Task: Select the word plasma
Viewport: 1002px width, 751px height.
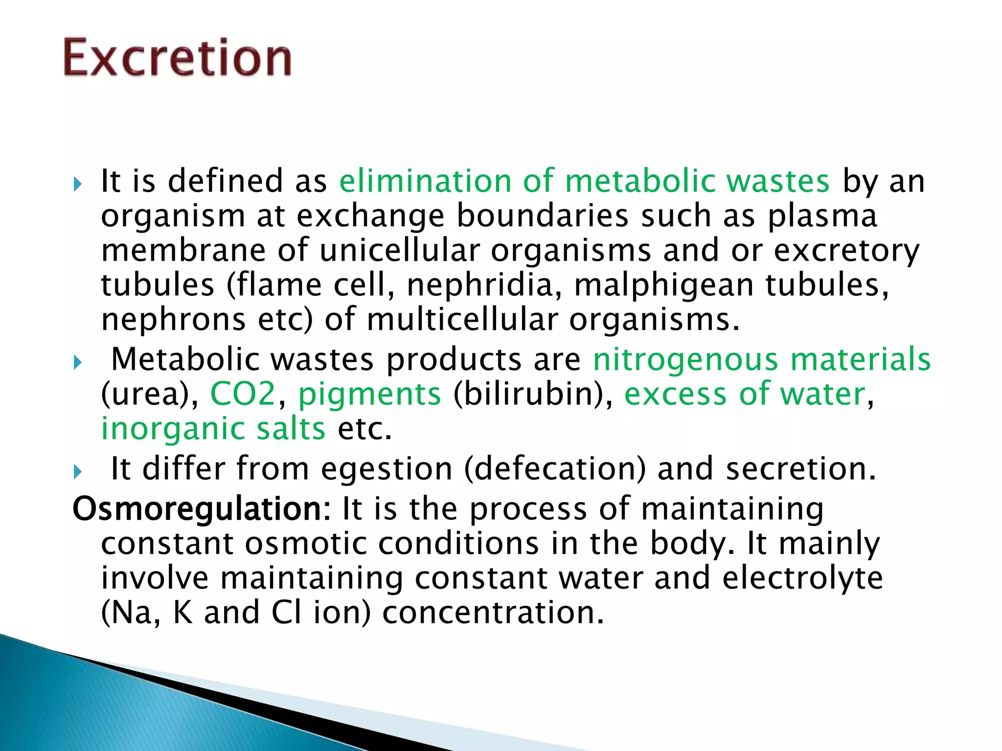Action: [822, 216]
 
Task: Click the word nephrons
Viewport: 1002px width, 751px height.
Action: [173, 320]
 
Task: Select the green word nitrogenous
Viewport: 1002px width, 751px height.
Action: [685, 360]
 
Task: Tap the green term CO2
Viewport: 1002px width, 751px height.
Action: [243, 394]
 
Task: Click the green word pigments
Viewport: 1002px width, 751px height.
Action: [369, 395]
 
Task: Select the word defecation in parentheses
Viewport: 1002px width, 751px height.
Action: [555, 469]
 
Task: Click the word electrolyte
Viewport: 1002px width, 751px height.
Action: [802, 578]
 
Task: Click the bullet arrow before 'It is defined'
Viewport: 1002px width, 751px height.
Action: [77, 185]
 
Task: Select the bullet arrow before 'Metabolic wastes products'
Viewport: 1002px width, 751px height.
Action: [77, 363]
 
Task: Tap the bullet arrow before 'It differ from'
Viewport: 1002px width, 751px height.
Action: [77, 472]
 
